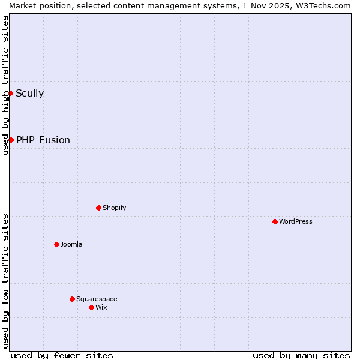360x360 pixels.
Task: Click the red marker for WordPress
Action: [275, 221]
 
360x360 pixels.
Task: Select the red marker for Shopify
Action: [99, 208]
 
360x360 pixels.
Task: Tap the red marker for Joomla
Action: [57, 244]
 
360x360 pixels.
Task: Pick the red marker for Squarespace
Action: [73, 299]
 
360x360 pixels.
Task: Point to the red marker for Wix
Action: [92, 307]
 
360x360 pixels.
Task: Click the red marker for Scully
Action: [10, 93]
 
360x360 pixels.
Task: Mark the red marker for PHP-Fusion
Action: [11, 140]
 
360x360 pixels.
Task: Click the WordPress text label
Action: [296, 221]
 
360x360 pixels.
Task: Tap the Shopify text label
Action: [115, 208]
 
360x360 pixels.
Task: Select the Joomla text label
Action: [71, 244]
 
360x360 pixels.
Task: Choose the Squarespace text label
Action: [97, 299]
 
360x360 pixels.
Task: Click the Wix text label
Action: [101, 307]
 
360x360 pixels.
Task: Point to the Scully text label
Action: [29, 93]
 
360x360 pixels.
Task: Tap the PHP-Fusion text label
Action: [43, 140]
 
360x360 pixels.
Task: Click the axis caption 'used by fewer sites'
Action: [62, 355]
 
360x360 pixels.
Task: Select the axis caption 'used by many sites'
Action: [301, 355]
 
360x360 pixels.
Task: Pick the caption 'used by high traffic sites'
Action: [5, 85]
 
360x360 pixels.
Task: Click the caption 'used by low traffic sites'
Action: [5, 280]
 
